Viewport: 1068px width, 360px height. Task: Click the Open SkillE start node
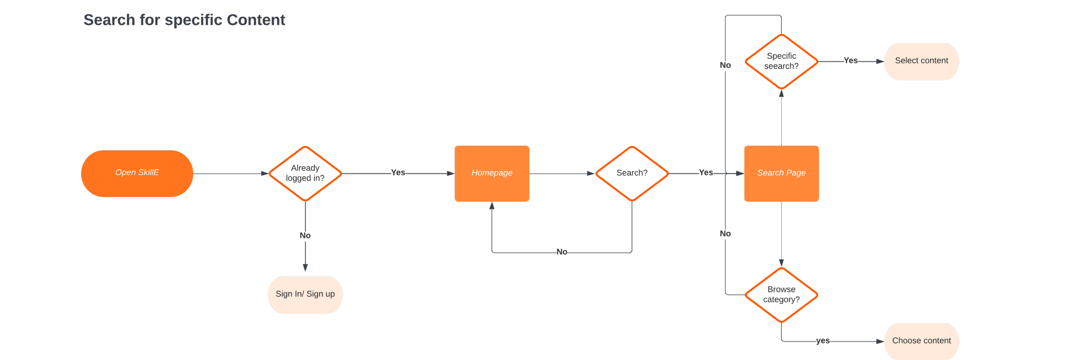[x=137, y=173]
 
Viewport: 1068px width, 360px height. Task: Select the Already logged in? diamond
[x=305, y=173]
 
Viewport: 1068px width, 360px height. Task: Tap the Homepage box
[x=492, y=173]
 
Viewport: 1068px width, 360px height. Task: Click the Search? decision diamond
[x=632, y=173]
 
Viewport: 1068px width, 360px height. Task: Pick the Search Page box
[x=781, y=173]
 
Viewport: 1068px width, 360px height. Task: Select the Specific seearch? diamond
[x=781, y=61]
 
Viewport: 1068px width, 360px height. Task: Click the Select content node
[x=921, y=61]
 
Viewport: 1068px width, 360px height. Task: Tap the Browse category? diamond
[x=781, y=295]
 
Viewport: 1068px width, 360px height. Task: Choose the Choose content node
[x=921, y=341]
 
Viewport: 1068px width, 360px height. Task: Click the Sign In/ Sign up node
[x=305, y=294]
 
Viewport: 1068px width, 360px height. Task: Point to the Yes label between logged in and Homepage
[x=398, y=173]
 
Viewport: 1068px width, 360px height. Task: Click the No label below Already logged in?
[x=305, y=236]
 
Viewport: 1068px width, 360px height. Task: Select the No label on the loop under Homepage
[x=562, y=252]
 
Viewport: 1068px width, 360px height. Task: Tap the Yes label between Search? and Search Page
[x=706, y=173]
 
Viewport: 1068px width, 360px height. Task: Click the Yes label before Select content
[x=851, y=61]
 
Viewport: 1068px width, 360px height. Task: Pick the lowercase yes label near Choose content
[x=823, y=341]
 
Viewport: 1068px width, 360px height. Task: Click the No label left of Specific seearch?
[x=725, y=65]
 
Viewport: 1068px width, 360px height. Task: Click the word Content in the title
[x=256, y=20]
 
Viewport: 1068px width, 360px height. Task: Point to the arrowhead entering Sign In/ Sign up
[x=305, y=269]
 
